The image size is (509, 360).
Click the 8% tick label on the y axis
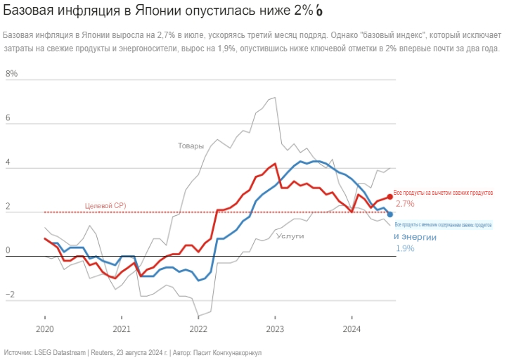click(11, 74)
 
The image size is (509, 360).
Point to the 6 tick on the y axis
click(9, 119)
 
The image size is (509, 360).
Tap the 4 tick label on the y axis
click(9, 163)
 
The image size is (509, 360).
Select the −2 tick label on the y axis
click(9, 295)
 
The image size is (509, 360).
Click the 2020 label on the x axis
click(44, 328)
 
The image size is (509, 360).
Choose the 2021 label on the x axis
click(122, 328)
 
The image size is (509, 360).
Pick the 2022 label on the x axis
click(198, 328)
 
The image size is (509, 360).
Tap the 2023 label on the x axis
click(275, 328)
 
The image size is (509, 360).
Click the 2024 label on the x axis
click(352, 328)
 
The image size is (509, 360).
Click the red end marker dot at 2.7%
click(389, 197)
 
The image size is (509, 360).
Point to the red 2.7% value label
click(405, 204)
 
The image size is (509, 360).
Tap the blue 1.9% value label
click(405, 248)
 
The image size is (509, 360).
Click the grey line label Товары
click(190, 146)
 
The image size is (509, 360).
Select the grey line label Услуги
click(290, 236)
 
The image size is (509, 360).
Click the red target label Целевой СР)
click(105, 205)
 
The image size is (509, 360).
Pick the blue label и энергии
click(415, 238)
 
